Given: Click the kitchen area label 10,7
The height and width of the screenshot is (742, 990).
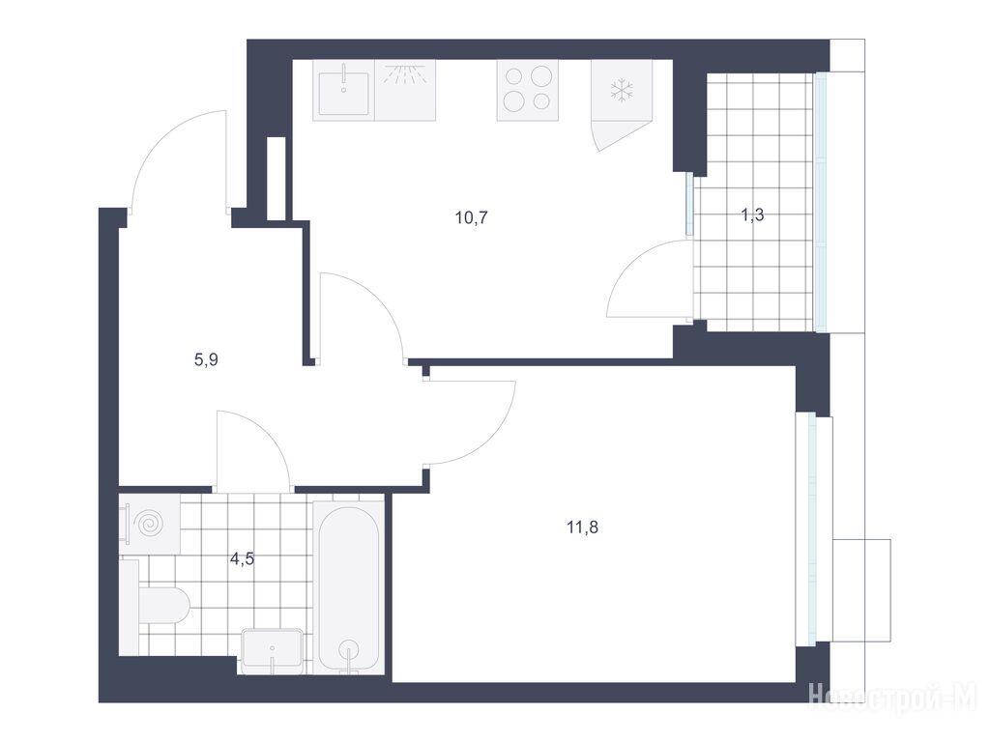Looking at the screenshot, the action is tap(471, 218).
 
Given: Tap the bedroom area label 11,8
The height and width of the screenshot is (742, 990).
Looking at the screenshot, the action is tap(582, 527).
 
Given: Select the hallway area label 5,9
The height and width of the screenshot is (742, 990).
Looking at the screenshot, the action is tap(206, 360).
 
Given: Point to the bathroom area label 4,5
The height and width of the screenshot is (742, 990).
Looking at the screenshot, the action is tap(242, 558).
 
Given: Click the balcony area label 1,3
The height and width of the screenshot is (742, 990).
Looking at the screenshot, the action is tap(752, 215).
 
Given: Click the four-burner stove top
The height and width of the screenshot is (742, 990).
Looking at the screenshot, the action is tap(527, 90).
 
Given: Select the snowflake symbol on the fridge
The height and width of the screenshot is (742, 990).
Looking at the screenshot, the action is tap(622, 90).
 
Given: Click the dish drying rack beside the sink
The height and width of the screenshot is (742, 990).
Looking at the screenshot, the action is tap(405, 90).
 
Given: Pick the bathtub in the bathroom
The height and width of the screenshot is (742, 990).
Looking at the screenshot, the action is tap(348, 588).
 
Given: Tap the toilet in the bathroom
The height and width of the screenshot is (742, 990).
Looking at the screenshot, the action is tap(162, 605).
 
